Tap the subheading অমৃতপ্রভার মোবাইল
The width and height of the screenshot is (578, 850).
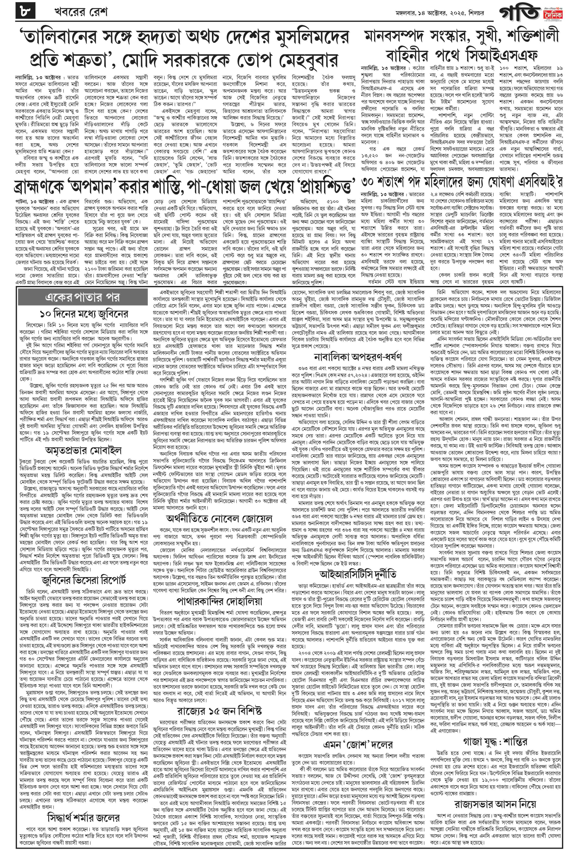point(83,450)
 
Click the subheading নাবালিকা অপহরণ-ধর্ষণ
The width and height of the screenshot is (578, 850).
point(358,357)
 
